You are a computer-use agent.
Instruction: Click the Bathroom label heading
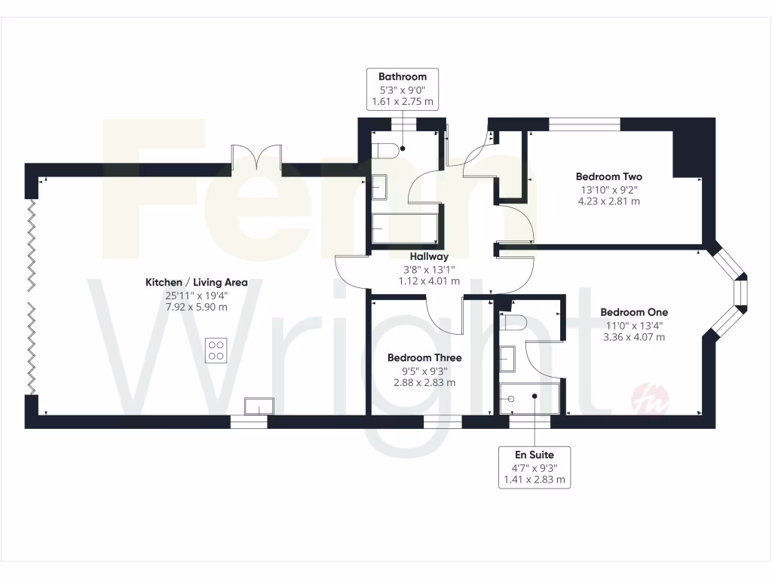[x=402, y=76]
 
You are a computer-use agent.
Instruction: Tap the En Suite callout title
[x=535, y=455]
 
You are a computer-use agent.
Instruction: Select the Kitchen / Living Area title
[x=196, y=283]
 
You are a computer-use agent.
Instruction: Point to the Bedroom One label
[x=634, y=311]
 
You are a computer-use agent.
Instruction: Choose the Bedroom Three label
[x=424, y=358]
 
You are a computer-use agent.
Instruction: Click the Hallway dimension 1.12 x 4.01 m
[x=429, y=281]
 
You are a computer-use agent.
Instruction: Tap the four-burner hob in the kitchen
[x=216, y=350]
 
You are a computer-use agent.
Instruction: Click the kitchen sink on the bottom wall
[x=255, y=406]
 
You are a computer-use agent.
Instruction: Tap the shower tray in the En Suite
[x=530, y=397]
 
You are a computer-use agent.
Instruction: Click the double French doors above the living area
[x=257, y=156]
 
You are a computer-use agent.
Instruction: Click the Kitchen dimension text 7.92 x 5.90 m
[x=196, y=308]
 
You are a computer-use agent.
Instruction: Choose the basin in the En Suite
[x=508, y=357]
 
